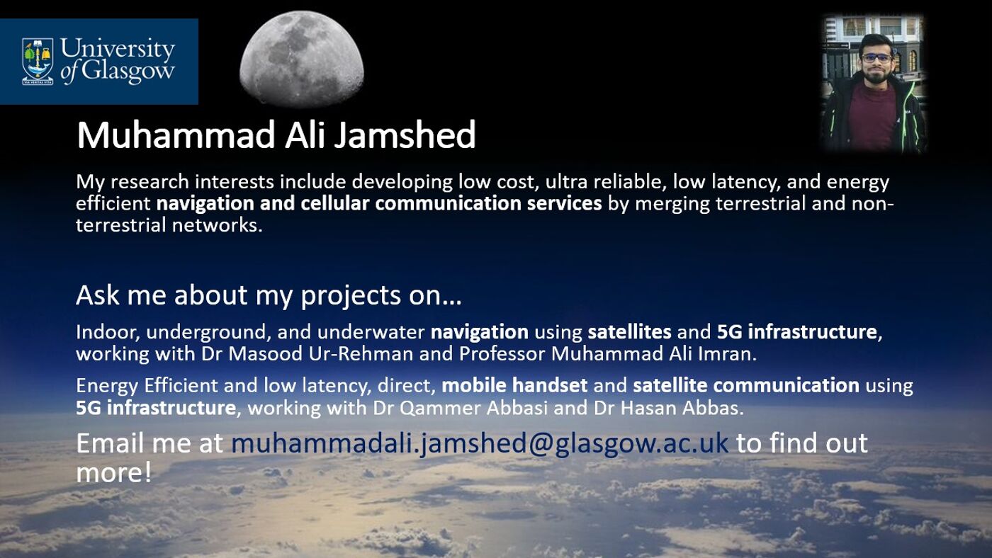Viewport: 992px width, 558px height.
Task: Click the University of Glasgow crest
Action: click(38, 61)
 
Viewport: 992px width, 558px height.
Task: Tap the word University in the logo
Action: click(118, 50)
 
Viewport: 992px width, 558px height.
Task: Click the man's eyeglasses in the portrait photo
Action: click(877, 58)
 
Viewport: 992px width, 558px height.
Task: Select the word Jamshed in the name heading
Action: click(405, 135)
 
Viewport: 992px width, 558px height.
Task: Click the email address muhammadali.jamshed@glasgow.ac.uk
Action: click(480, 443)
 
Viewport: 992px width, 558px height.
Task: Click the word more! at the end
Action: click(113, 472)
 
